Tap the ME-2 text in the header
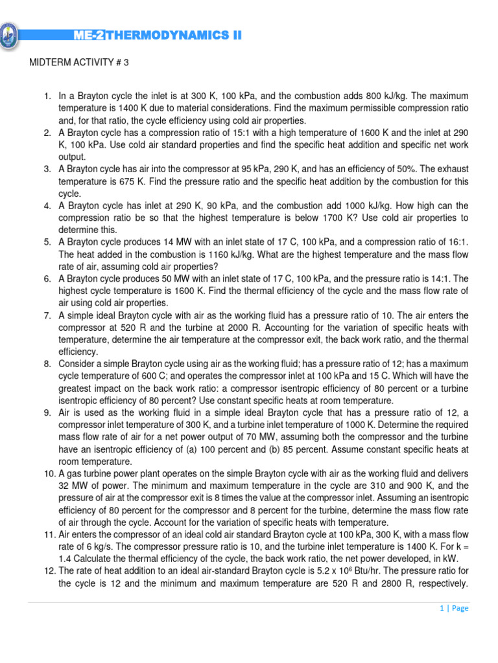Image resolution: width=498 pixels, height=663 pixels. tap(89, 36)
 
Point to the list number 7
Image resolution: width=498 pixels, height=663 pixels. tap(47, 315)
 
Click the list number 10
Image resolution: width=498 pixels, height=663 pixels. tap(49, 473)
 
